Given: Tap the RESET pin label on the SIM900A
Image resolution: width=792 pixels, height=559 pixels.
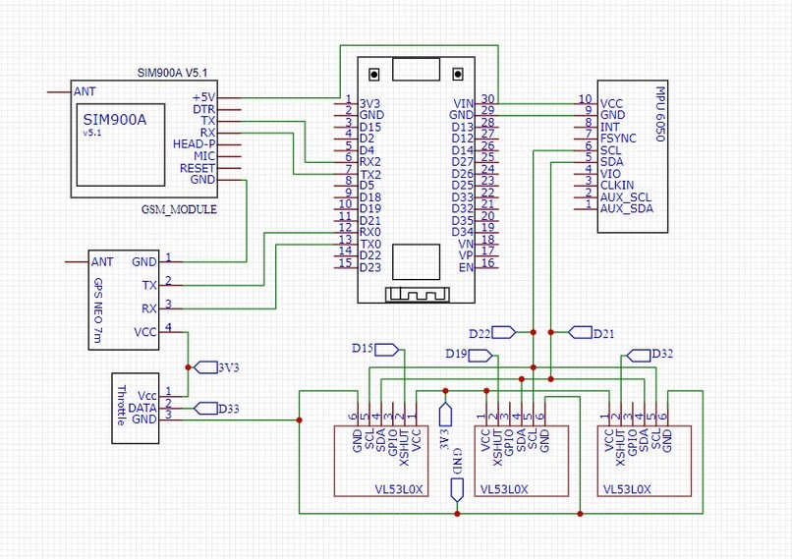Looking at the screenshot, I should (197, 168).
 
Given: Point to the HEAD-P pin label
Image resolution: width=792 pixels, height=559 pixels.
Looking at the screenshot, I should (194, 144).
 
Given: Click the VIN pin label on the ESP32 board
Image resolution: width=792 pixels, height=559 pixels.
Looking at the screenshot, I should (463, 102).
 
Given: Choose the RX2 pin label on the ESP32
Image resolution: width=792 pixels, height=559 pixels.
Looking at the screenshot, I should (369, 161).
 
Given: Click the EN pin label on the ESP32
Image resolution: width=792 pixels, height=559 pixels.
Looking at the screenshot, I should (467, 266).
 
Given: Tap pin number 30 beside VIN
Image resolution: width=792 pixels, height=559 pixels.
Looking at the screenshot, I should (487, 99).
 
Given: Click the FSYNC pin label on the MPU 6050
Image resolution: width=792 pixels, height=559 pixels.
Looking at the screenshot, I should (619, 138).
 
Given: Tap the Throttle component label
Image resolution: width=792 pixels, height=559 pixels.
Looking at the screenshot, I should (121, 405).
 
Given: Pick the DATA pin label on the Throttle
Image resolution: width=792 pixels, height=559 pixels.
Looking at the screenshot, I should (143, 406).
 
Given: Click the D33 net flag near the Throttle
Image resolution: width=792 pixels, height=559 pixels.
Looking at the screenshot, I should (229, 408).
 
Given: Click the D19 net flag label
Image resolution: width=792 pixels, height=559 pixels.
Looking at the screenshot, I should (455, 353).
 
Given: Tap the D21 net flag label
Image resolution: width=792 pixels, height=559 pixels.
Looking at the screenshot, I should (603, 333).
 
